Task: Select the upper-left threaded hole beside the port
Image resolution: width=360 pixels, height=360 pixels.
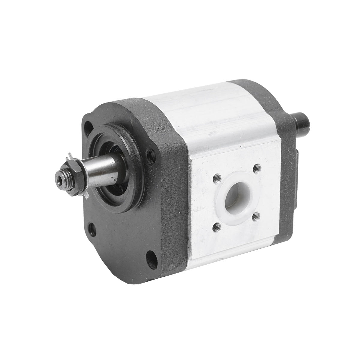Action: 215,179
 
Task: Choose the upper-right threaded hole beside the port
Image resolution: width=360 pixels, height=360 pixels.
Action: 256,169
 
